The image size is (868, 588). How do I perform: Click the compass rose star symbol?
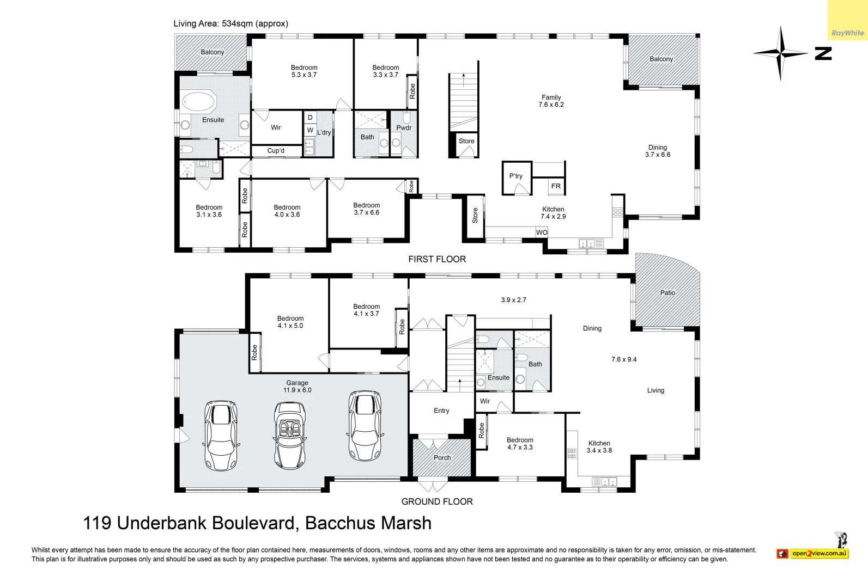pos(780,53)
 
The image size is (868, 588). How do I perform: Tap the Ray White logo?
pos(847,33)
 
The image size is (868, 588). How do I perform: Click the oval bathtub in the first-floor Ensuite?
pos(198,102)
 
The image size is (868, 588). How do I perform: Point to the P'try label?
pos(515,176)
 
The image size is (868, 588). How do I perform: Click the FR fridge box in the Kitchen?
pos(556,186)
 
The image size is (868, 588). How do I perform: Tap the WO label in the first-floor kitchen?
pos(542,232)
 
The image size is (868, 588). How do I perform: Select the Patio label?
pos(667,293)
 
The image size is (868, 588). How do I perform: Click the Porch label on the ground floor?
pos(442,458)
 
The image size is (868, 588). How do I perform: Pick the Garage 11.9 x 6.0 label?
pos(298,387)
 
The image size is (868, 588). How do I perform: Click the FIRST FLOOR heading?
pos(437,259)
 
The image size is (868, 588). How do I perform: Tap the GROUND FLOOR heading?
pos(437,501)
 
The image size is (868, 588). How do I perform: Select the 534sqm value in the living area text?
pos(236,23)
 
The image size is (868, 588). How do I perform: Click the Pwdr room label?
pos(404,128)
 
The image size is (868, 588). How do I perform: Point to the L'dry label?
pos(324,132)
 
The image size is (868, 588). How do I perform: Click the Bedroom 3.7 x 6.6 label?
pos(366,209)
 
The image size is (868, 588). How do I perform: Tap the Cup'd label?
pos(276,151)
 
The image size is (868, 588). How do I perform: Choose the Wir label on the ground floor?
pos(485,401)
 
